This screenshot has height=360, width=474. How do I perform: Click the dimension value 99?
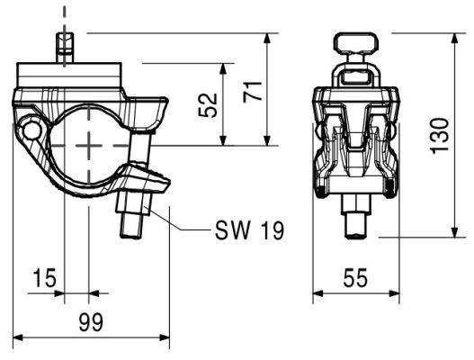(91, 322)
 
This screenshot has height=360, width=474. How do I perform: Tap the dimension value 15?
(44, 278)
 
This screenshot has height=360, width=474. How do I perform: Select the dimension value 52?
(208, 105)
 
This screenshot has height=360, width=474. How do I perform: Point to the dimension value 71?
(253, 92)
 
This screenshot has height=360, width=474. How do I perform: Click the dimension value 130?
(440, 136)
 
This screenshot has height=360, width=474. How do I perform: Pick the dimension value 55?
(355, 278)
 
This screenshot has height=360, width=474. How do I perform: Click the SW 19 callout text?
(249, 230)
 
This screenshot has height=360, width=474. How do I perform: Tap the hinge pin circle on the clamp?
(32, 131)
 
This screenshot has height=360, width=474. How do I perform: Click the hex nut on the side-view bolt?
(133, 204)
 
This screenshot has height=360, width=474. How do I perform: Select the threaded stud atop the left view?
(65, 47)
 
